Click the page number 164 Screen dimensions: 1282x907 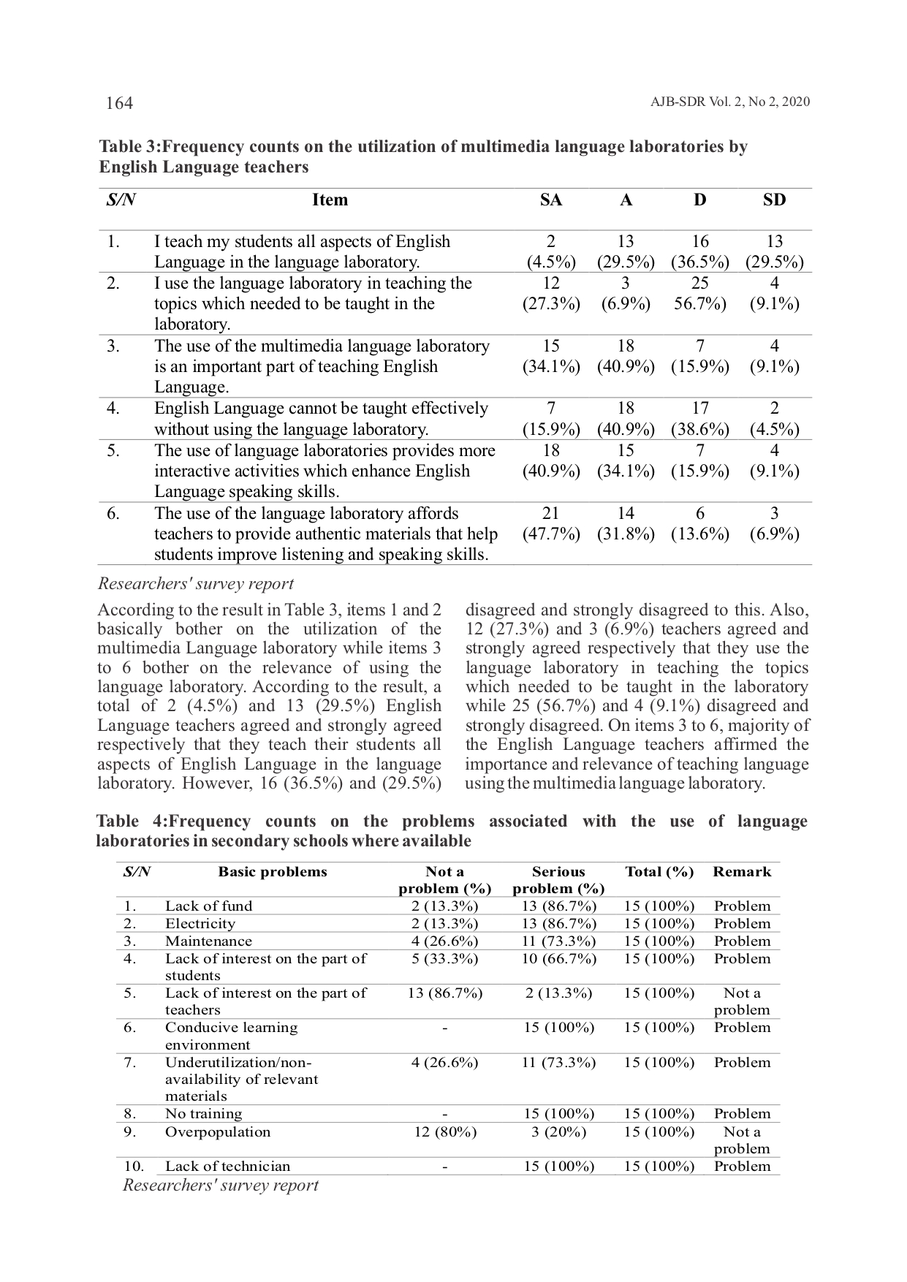119,103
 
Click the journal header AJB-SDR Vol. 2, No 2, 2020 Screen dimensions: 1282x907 729,102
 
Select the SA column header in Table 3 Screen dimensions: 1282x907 550,200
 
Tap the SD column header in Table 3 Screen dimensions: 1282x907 774,200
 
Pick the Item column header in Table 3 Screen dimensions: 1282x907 330,200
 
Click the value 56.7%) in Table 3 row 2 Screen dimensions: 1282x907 699,304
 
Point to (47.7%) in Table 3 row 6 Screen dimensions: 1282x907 551,534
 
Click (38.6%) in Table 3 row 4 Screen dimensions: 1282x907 699,429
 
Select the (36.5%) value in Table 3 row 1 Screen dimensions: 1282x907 699,262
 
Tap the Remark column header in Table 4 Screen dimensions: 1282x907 742,872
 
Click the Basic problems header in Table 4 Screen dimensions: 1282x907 273,872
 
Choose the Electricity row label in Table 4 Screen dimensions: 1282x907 200,924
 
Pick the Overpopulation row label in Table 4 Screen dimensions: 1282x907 218,1132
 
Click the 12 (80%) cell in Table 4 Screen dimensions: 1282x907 444,1132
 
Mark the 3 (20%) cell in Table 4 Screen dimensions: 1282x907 558,1132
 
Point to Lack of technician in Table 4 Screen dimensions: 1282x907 227,1167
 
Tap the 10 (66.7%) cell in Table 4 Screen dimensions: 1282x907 558,959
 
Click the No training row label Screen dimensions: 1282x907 203,1114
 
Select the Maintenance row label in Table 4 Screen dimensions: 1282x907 208,941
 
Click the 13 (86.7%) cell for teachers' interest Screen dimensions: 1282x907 444,993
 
